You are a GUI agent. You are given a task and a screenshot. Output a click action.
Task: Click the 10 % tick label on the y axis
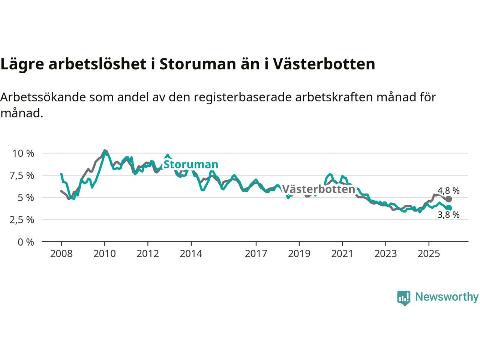point(23,153)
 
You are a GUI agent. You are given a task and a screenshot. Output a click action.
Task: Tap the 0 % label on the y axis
point(25,242)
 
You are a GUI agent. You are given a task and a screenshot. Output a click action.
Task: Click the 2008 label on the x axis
point(61,254)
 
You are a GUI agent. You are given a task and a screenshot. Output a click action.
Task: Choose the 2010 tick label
point(105,254)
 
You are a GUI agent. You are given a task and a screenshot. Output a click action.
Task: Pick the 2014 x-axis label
point(191,254)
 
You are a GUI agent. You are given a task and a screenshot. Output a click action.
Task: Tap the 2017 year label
point(256,254)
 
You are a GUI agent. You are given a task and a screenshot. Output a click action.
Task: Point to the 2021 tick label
point(342,254)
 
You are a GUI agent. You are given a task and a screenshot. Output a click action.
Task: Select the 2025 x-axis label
point(429,254)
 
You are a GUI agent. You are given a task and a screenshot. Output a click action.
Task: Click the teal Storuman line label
point(191,164)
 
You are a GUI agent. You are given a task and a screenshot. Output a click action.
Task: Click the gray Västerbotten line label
point(318,189)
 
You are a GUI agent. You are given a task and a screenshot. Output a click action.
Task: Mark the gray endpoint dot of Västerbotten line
point(448,199)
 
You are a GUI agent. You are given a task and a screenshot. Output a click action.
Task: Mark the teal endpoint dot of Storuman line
point(448,208)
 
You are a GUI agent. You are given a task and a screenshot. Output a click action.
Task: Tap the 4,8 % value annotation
point(448,190)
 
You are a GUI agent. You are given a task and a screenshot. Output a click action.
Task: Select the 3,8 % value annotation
point(448,215)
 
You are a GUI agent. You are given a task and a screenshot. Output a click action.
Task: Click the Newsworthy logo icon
point(403,298)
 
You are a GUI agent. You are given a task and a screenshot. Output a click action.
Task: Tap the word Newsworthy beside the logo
point(447,297)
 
